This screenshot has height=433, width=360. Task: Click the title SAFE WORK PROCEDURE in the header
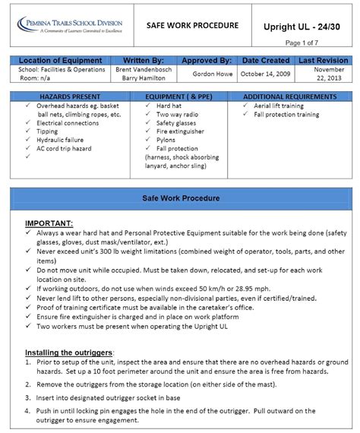pyautogui.click(x=192, y=26)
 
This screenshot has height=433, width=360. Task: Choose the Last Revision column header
pyautogui.click(x=323, y=60)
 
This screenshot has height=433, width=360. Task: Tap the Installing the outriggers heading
pyautogui.click(x=69, y=352)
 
